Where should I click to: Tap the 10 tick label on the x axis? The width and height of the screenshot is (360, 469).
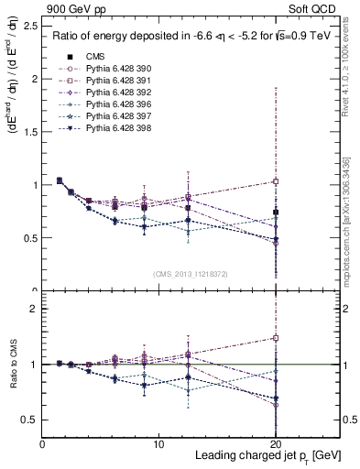159,444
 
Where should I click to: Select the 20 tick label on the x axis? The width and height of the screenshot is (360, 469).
277,444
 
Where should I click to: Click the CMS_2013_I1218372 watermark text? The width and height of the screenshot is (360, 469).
191,274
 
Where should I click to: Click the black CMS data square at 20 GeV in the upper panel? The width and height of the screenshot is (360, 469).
277,213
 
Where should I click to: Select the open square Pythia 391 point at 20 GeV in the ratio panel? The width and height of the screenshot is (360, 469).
277,337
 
